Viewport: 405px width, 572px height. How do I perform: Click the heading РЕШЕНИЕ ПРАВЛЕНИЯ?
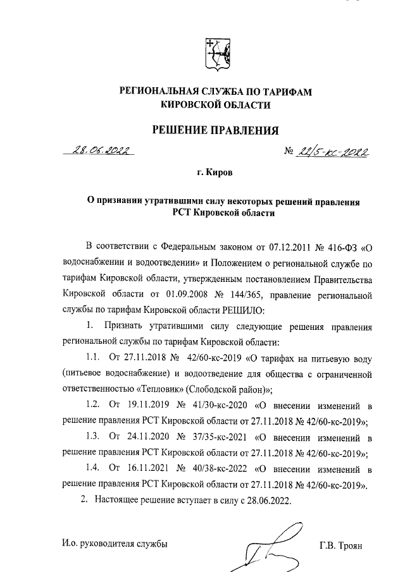pos(216,131)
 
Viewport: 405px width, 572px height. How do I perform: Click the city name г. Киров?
pos(216,172)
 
